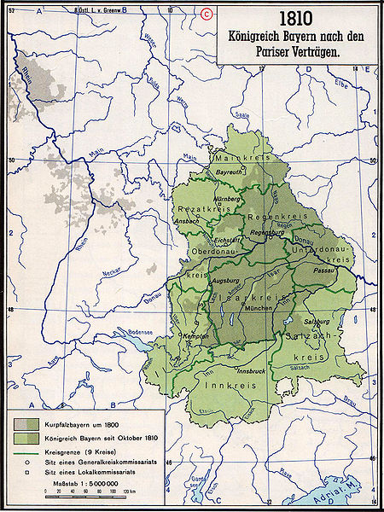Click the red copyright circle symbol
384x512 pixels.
tap(207, 12)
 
